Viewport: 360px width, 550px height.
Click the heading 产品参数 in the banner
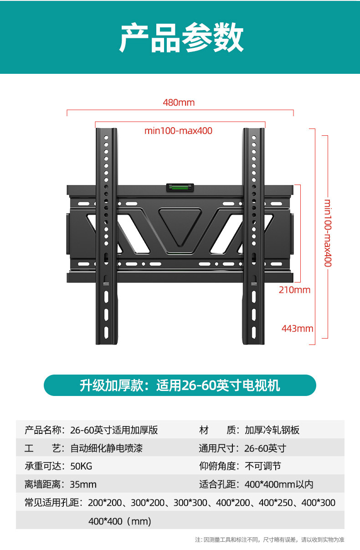181,38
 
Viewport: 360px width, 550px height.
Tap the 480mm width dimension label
179,103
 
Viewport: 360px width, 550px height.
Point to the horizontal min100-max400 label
178,131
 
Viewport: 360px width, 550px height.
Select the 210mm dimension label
294,290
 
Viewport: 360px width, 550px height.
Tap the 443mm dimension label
297,328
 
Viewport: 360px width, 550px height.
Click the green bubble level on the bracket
179,187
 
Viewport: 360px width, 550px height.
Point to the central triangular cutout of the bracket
180,226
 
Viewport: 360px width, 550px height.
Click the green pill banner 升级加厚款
180,386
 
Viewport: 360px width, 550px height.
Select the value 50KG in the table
81,466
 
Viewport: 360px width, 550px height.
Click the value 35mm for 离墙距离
83,484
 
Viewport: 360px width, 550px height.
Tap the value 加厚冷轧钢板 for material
272,430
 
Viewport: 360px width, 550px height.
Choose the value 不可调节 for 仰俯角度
262,466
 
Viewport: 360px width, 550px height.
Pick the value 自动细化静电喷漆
106,448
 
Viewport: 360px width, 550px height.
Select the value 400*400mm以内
278,484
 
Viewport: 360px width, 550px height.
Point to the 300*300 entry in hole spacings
189,503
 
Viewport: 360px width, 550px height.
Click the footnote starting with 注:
269,540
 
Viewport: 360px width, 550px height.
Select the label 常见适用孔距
52,503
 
